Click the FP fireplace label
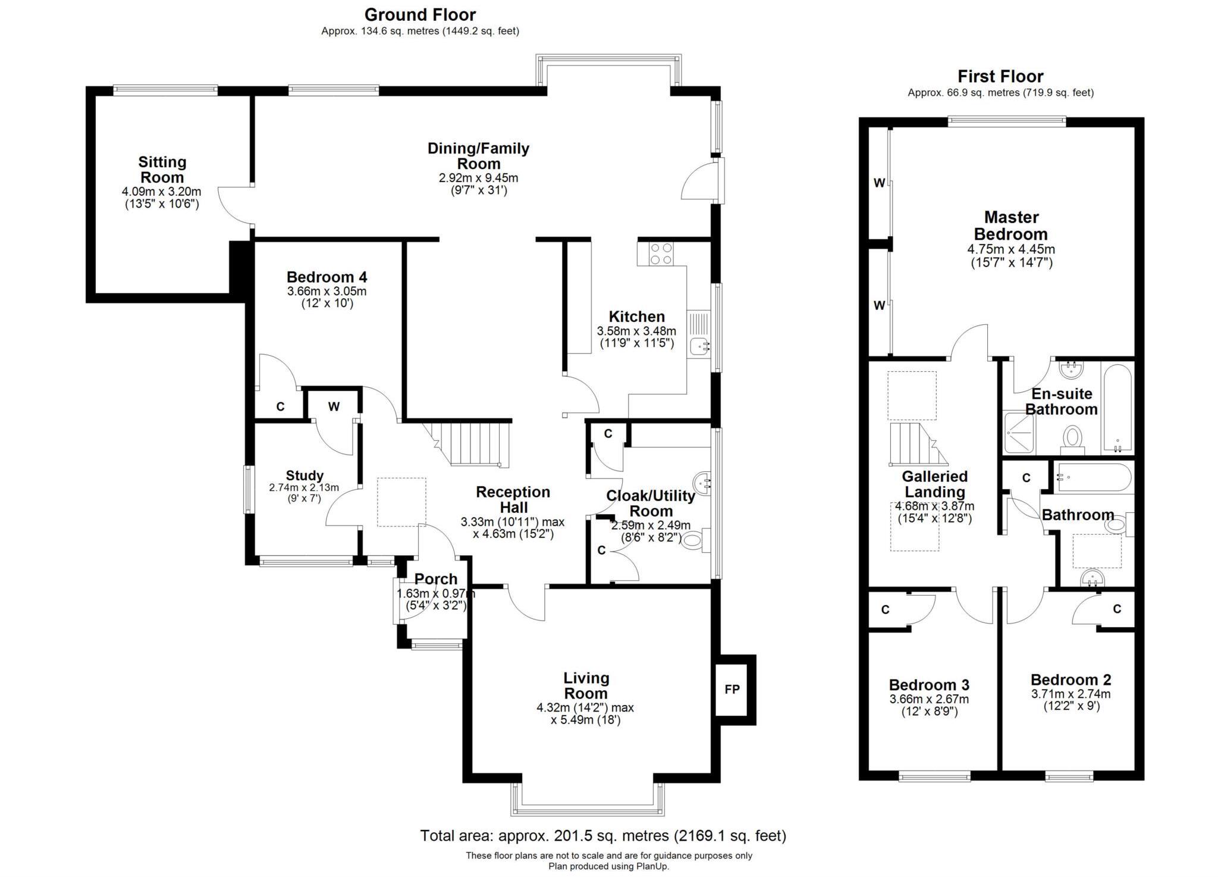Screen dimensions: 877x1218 pos(732,689)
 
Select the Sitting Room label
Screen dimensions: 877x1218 pos(162,170)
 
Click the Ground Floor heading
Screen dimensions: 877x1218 pos(420,14)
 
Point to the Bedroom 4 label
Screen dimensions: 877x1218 pos(327,277)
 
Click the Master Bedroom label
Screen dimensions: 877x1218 pos(1011,225)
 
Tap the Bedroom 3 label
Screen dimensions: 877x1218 pos(929,684)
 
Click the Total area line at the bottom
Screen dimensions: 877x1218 pos(603,835)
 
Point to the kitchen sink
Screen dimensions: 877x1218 pos(699,344)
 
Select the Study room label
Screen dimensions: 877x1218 pos(304,475)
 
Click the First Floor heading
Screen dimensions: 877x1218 pos(1000,76)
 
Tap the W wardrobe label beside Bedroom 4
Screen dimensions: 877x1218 pos(334,406)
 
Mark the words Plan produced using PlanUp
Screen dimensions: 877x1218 pos(608,866)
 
